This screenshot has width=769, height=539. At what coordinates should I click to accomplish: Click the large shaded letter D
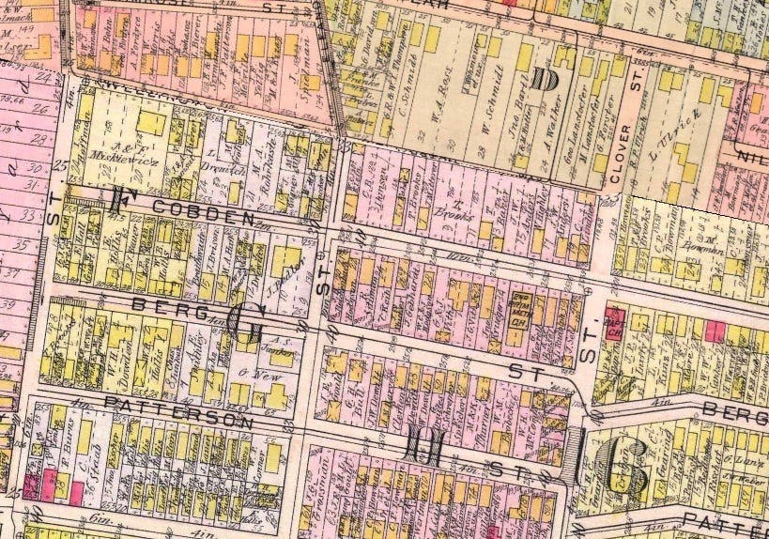coord(542,79)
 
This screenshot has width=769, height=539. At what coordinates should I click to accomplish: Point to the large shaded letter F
coord(119,200)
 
